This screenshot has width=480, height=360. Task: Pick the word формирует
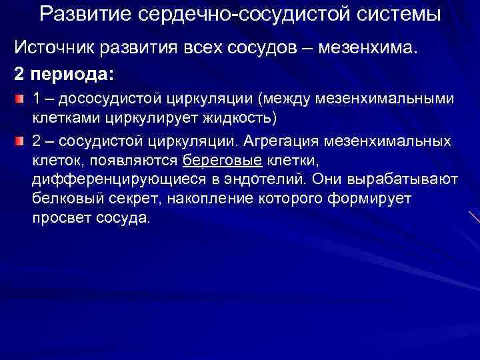point(375,199)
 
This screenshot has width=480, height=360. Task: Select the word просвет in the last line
point(59,218)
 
